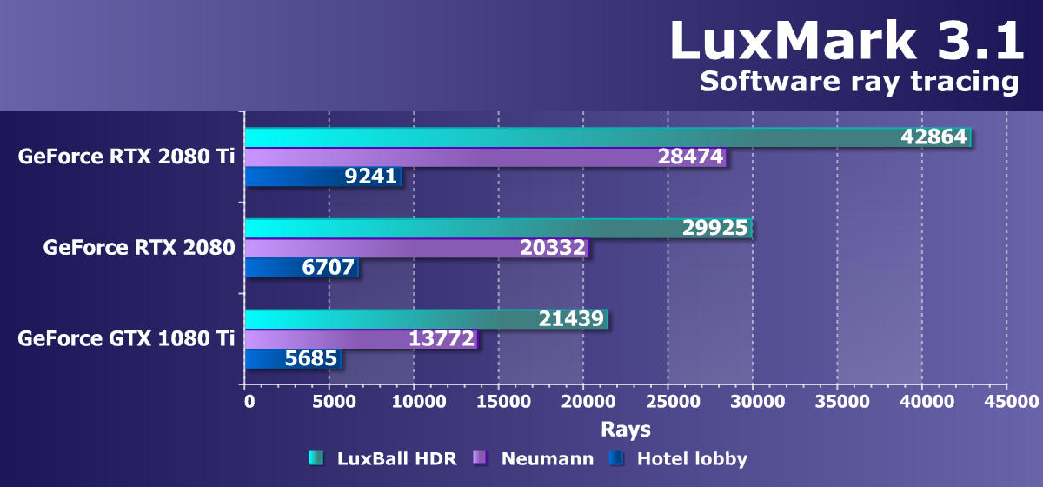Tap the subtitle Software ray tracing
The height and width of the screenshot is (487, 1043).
click(x=858, y=82)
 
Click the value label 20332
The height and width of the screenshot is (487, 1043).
click(x=553, y=249)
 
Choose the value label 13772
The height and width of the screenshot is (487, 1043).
click(x=442, y=339)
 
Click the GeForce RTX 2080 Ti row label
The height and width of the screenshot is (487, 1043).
click(x=126, y=157)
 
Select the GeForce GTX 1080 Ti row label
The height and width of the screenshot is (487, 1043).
click(x=126, y=338)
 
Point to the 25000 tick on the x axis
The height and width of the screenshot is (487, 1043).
click(x=668, y=402)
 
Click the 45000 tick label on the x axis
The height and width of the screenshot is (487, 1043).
click(x=1007, y=402)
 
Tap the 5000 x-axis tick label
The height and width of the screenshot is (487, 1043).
click(x=329, y=402)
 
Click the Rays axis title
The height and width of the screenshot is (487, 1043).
click(x=625, y=430)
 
